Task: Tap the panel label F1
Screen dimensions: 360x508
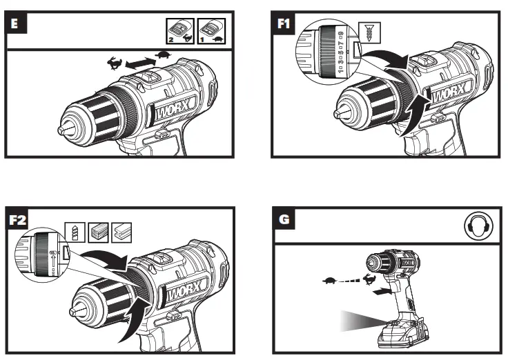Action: click(x=283, y=22)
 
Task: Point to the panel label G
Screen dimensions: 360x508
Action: click(x=284, y=221)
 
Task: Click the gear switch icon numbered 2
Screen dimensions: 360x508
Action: click(x=178, y=31)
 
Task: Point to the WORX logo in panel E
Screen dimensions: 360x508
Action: click(x=170, y=110)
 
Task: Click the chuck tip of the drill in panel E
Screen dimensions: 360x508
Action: click(x=62, y=128)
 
